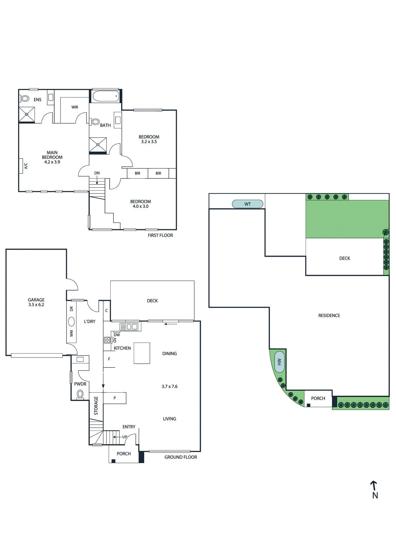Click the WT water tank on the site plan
(x=248, y=204)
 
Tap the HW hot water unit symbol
(x=279, y=362)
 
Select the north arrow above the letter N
(x=374, y=485)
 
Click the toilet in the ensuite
(x=25, y=98)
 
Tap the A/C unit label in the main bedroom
(x=26, y=166)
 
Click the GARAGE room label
(x=36, y=300)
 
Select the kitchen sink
(x=129, y=327)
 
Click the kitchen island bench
(x=142, y=353)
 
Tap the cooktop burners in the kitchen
(x=107, y=340)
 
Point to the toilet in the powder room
(x=80, y=394)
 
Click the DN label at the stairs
(x=97, y=173)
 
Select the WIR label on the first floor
(x=75, y=107)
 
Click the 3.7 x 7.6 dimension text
(x=169, y=386)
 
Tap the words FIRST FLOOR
(x=160, y=235)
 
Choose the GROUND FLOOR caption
(x=181, y=457)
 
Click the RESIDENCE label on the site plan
(x=329, y=315)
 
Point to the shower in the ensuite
(x=27, y=114)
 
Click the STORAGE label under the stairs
(x=96, y=406)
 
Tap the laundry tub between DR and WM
(x=71, y=321)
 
